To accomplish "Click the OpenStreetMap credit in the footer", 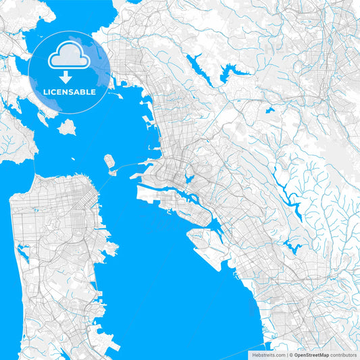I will (x=311, y=354).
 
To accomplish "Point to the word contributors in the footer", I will (x=344, y=354).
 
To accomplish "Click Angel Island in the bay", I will (x=67, y=126).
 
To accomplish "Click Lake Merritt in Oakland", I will (x=188, y=179).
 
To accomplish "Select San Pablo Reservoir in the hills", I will (x=198, y=66).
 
